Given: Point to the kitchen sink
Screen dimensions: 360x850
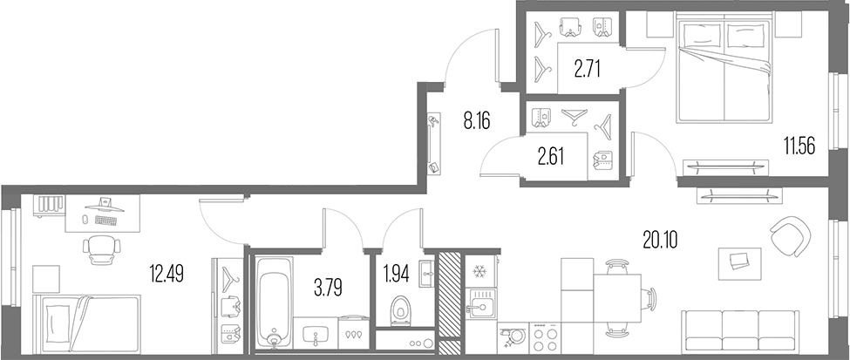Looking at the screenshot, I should (480, 304).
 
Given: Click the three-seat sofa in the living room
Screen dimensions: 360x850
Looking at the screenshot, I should (740, 332).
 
